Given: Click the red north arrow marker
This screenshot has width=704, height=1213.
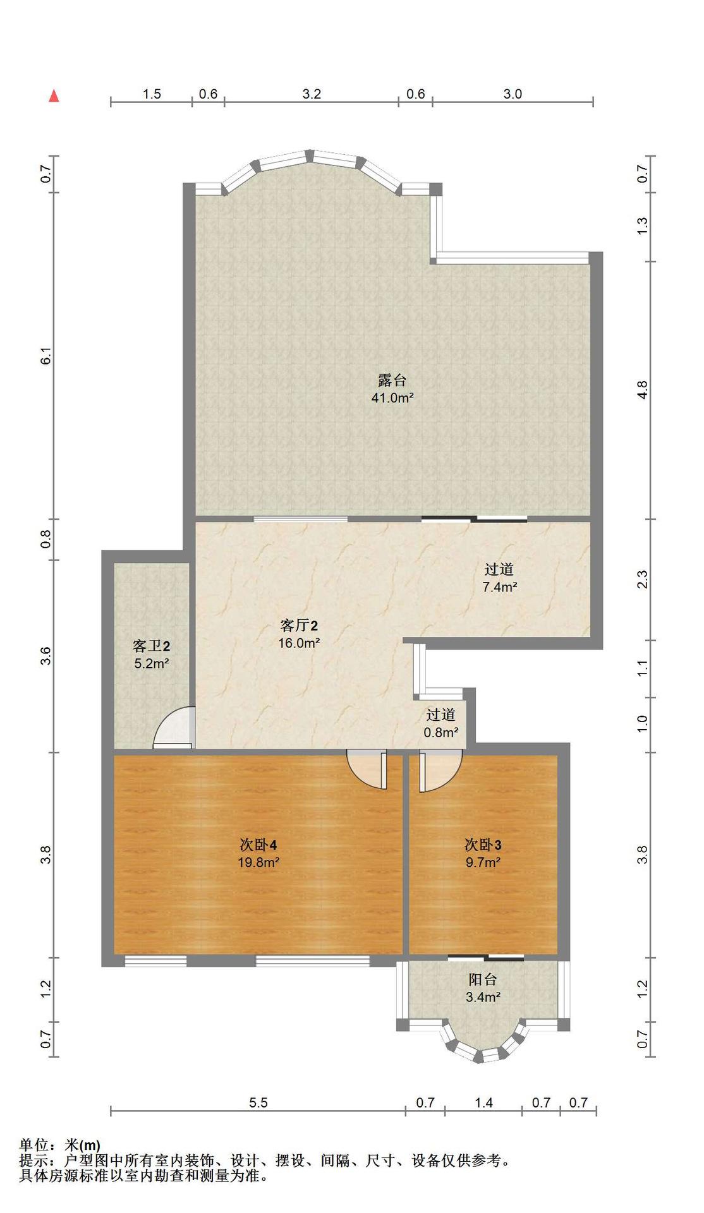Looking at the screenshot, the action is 54,96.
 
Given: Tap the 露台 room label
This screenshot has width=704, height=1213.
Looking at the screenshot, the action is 392,380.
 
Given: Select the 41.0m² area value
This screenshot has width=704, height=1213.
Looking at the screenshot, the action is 392,398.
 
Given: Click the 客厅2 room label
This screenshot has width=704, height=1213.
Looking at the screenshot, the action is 299,625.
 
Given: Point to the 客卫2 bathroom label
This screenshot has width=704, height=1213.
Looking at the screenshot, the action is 151,646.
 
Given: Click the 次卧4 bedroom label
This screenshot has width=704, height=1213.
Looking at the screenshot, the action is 258,845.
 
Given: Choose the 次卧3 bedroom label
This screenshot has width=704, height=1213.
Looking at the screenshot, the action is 483,845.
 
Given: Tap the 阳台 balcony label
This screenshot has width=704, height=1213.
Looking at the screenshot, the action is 483,980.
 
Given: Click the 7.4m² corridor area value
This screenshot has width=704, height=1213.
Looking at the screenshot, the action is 500,587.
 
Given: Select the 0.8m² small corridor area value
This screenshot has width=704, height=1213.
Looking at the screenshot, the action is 441,733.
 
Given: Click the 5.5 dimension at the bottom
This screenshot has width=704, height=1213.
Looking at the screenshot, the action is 258,1103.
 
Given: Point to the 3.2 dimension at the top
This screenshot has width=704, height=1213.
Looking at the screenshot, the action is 312,94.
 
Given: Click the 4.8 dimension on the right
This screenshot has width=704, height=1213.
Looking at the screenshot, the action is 642,390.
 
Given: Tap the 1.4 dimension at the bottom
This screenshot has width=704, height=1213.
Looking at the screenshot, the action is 483,1103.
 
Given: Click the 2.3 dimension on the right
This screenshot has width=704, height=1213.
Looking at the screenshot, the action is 642,579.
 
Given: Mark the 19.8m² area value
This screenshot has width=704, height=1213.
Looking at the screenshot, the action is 259,862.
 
